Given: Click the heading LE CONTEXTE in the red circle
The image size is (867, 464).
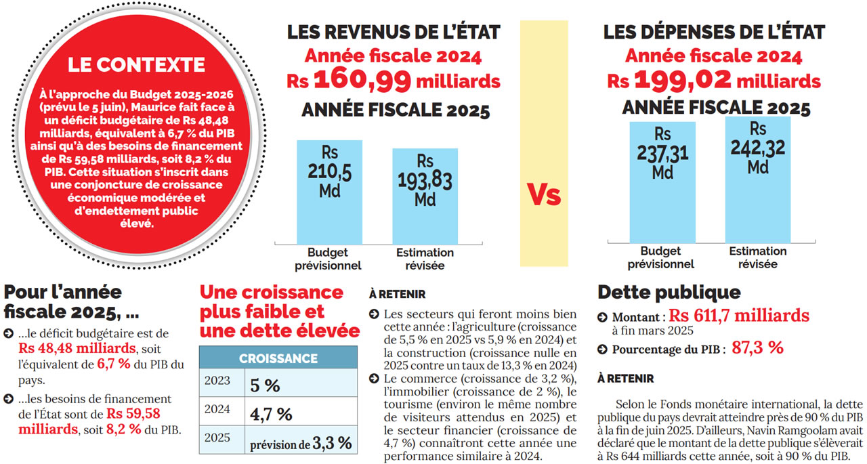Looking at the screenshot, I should click(136, 65).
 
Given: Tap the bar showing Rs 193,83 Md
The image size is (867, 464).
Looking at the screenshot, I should click(425, 196).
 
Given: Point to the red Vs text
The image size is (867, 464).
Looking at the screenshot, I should click(544, 195).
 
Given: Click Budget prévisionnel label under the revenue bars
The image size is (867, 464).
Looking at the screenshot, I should click(328, 259).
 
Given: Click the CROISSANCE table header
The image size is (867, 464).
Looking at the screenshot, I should click(278, 358).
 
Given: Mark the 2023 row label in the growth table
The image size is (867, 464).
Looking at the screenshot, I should click(217, 382).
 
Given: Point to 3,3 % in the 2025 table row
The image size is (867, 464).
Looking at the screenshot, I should click(332, 443).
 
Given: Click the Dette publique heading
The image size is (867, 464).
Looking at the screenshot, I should click(669, 293).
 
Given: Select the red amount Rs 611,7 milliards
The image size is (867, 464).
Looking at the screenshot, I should click(739, 315).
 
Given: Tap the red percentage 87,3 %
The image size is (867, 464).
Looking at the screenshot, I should click(757, 348).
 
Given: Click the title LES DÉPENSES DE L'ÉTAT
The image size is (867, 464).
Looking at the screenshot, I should click(714, 32).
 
